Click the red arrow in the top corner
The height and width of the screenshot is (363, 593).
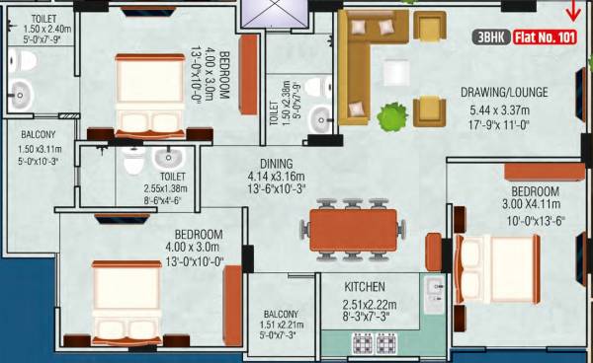point(571,12)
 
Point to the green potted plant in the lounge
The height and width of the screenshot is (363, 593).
point(394,116)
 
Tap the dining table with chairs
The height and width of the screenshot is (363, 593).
point(353,231)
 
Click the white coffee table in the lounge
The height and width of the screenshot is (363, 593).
point(398,72)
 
